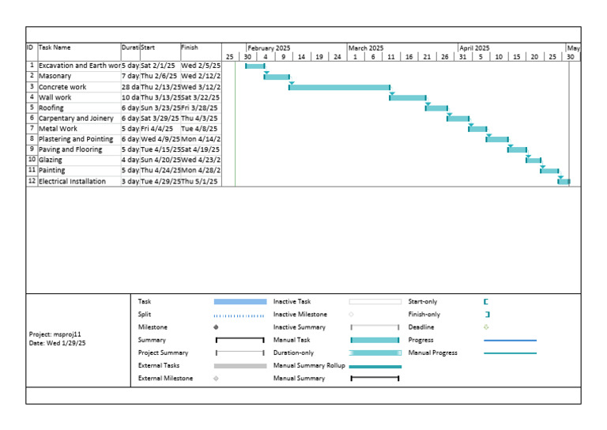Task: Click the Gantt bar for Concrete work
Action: tap(340, 87)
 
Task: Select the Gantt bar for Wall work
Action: tap(408, 97)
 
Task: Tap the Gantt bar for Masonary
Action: tap(277, 77)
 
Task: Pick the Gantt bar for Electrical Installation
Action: tap(564, 181)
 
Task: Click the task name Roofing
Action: tap(52, 107)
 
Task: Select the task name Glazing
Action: tap(51, 160)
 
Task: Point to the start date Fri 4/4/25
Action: tap(156, 128)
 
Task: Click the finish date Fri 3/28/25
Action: tap(199, 107)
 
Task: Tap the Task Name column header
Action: tap(55, 47)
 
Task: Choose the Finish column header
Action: tap(190, 47)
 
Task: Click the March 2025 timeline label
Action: tap(366, 48)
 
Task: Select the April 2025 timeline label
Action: tap(474, 48)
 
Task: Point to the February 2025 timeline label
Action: tap(269, 48)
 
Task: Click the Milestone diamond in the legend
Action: tap(216, 327)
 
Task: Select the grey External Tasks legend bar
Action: tap(240, 366)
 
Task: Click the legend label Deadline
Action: tap(421, 327)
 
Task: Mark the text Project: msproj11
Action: tap(58, 334)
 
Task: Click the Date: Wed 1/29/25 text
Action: tap(57, 344)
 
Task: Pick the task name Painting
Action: tap(52, 170)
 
